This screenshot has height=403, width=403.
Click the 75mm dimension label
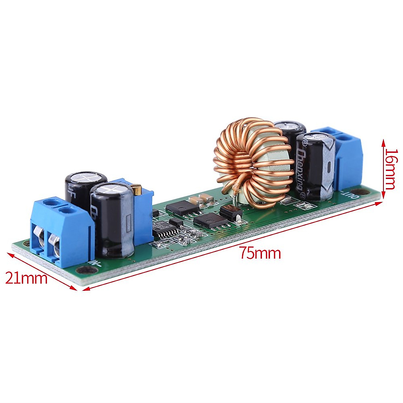pos(260,253)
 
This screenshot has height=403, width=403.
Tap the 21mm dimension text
pos(26,278)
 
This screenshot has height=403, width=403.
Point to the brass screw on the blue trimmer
pos(137,190)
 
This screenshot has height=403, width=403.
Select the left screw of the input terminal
pos(40,239)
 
